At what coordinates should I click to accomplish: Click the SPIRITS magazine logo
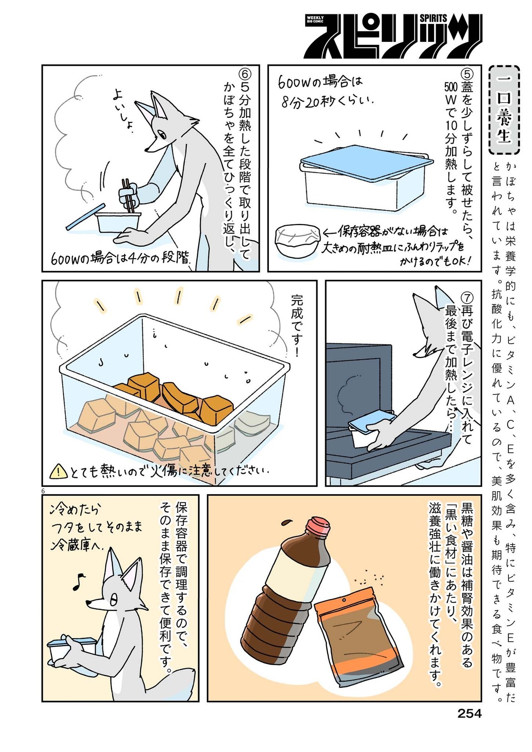[393, 36]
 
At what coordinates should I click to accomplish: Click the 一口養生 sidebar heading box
[504, 110]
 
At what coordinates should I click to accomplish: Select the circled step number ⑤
[467, 74]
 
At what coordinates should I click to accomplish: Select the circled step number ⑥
[245, 74]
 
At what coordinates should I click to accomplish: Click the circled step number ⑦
[467, 298]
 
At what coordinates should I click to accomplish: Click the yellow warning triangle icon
[58, 470]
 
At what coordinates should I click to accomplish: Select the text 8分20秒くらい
[327, 102]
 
